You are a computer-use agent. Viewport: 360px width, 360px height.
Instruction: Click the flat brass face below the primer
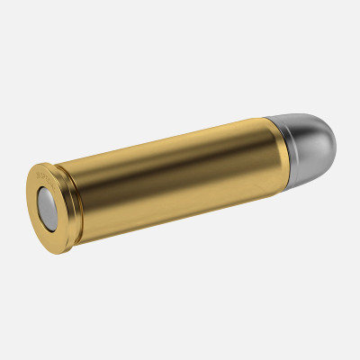[x=53, y=232]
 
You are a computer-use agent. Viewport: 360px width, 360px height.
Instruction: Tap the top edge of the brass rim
[x=40, y=166]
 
